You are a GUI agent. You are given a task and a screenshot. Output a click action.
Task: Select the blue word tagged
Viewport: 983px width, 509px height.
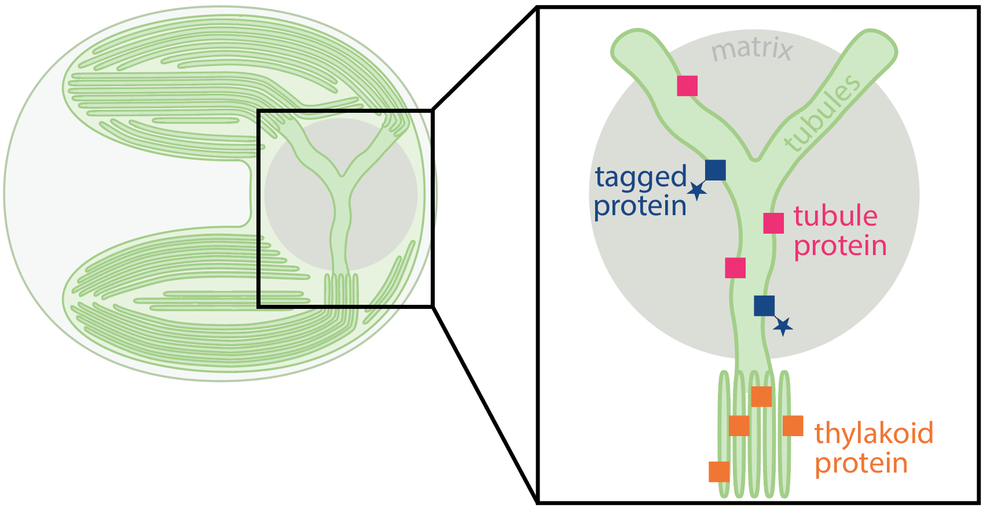(641, 178)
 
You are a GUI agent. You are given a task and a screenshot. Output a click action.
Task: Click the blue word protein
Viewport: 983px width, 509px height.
(640, 206)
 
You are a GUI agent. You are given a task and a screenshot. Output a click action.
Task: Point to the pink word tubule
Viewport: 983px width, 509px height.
(835, 216)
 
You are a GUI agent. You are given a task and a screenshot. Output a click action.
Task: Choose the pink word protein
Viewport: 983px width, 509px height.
(840, 246)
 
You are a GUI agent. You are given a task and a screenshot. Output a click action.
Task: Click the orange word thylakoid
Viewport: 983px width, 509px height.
(874, 434)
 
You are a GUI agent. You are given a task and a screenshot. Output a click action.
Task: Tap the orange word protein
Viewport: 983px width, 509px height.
(861, 464)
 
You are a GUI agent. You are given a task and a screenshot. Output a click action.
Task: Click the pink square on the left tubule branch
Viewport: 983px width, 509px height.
(687, 86)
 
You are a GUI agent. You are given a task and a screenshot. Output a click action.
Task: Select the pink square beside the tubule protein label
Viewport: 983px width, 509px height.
(773, 223)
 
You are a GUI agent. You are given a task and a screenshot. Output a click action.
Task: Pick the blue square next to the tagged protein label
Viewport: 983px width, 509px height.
(716, 170)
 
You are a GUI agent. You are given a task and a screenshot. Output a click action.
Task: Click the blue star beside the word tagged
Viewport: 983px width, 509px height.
(698, 190)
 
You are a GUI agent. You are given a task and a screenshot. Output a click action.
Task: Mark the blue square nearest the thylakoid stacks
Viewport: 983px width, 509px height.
(764, 306)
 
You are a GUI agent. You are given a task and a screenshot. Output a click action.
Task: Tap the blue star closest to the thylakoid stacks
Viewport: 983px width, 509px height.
(783, 327)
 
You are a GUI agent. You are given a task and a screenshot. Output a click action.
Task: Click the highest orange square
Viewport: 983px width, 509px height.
(761, 397)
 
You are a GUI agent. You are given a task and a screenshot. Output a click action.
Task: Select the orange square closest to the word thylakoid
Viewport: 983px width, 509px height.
(793, 426)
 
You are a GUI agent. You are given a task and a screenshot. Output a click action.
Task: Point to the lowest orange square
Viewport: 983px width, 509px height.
(719, 471)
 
